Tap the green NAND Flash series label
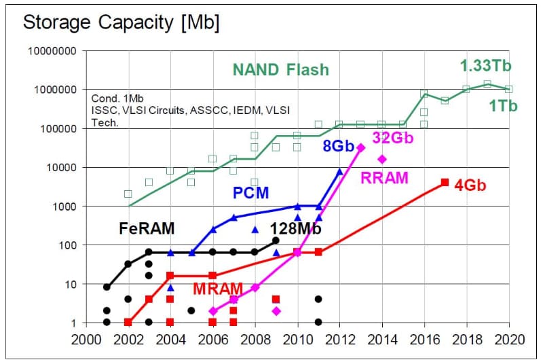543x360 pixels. point(280,69)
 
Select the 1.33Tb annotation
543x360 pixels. point(485,67)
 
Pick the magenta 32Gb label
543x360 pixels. point(392,138)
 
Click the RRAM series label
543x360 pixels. point(384,178)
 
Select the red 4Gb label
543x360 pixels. point(470,185)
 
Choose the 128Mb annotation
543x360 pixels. point(296,228)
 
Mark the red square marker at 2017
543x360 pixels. point(445,182)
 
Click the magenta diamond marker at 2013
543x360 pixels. point(360,147)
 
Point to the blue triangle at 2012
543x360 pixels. point(340,171)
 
